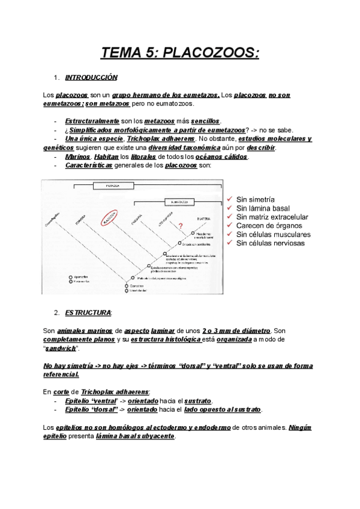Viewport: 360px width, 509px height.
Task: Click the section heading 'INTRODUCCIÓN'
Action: tap(92, 78)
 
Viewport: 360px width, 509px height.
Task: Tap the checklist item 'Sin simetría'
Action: tap(256, 198)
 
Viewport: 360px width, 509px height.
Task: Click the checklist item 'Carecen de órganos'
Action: tap(268, 225)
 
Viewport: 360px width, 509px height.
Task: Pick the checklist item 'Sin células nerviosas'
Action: tap(271, 243)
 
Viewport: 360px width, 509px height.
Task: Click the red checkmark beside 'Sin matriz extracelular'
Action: tap(230, 216)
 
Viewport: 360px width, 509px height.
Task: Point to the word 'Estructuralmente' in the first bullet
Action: tap(92, 121)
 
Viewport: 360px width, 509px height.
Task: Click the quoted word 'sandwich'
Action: tap(62, 348)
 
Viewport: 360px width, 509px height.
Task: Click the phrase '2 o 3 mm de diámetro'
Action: tap(236, 331)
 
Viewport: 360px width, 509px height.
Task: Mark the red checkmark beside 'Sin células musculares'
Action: tap(230, 234)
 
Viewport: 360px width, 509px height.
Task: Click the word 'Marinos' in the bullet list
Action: tap(79, 157)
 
